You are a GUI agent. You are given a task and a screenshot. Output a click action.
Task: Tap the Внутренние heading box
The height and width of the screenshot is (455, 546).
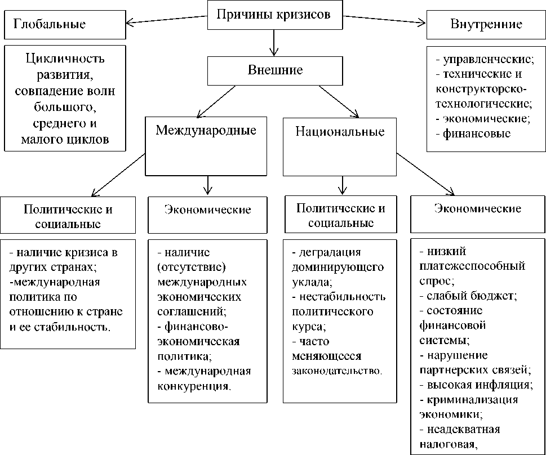tap(486, 25)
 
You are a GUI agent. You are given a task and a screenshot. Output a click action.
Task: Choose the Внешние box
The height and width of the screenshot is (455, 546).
tap(275, 71)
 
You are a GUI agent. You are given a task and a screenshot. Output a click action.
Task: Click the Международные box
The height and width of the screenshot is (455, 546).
tap(206, 145)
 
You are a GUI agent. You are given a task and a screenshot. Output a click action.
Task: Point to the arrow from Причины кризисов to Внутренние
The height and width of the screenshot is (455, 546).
tap(385, 20)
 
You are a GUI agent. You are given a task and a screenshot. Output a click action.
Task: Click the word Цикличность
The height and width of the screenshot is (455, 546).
tap(65, 58)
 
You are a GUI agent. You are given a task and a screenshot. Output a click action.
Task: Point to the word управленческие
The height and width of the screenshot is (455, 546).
tap(488, 58)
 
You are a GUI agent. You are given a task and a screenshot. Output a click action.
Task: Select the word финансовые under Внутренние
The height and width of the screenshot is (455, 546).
tap(477, 133)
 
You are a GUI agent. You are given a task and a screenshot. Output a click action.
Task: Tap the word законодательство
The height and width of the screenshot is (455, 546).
tap(337, 371)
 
